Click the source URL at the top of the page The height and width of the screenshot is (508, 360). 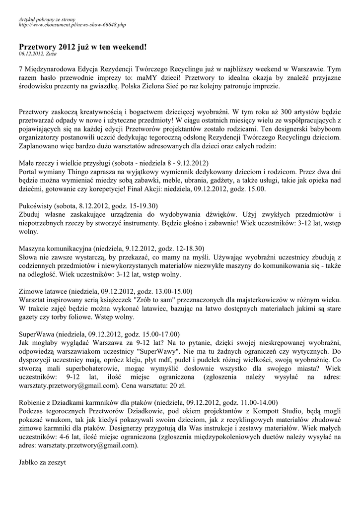click(x=72, y=24)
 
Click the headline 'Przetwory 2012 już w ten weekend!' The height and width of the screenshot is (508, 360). click(x=82, y=47)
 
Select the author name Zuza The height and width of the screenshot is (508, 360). click(x=52, y=54)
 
